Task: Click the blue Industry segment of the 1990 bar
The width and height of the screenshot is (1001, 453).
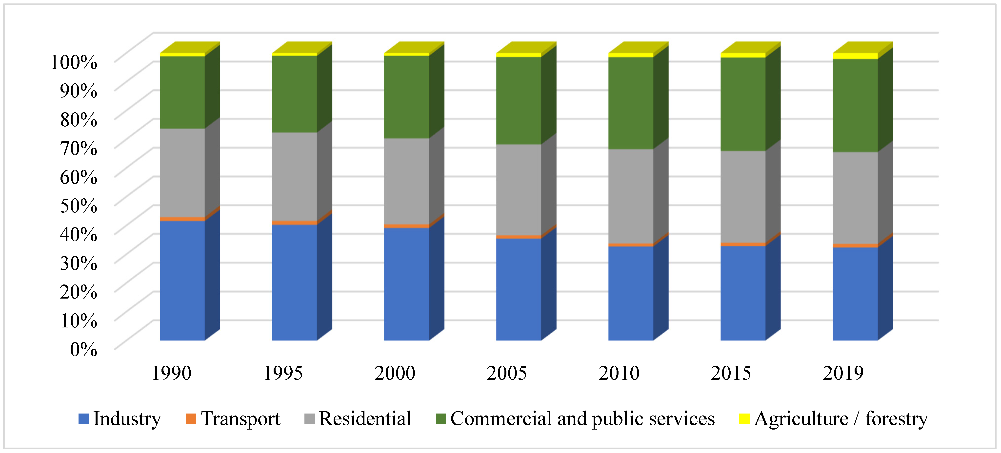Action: (x=182, y=280)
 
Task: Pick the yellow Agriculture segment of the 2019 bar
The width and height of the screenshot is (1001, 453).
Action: (x=855, y=56)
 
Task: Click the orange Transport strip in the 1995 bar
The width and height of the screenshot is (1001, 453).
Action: (x=294, y=222)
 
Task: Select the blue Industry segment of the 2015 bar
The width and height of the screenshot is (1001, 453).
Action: (x=742, y=293)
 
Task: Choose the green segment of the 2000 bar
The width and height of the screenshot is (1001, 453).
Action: (x=406, y=97)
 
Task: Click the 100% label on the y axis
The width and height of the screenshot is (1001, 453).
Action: (x=74, y=62)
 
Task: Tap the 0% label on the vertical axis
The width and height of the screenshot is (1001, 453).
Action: (x=83, y=349)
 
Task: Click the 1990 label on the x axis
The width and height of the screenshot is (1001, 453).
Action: (x=171, y=373)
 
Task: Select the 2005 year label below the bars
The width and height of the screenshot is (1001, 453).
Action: (x=507, y=373)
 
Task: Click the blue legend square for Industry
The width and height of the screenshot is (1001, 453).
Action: (x=83, y=418)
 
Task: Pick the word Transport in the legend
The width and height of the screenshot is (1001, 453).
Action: (x=240, y=418)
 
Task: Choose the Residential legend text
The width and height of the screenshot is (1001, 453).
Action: (x=365, y=418)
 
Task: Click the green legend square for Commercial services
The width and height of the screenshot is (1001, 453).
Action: (x=441, y=418)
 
